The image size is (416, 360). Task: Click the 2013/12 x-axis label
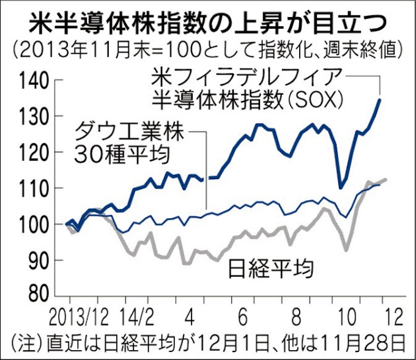83,317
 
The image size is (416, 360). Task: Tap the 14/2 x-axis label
137,317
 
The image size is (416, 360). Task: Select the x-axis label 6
242,317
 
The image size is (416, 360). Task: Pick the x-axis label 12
394,317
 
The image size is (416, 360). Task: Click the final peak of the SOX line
380,100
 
